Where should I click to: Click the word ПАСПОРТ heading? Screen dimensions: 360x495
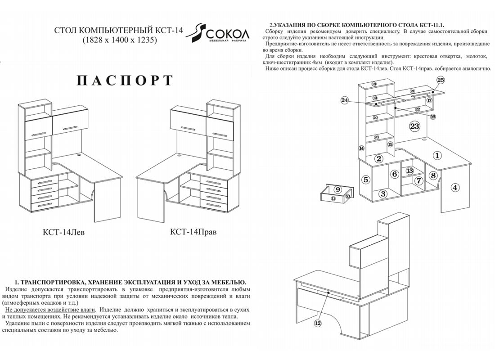pos(125,81)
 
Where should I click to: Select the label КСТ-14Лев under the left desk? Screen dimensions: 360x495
pos(63,233)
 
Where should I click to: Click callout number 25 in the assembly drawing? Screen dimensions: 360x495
pos(441,80)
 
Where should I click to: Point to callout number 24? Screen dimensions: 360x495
pos(345,100)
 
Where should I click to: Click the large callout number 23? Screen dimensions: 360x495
pos(414,126)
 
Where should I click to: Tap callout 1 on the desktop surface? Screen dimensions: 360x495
pos(437,155)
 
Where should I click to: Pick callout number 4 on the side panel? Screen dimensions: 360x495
pos(455,187)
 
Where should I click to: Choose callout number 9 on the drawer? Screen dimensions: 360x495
pos(338,189)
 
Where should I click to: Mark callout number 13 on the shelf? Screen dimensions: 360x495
pos(409,171)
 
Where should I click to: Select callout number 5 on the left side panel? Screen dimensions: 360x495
pos(366,179)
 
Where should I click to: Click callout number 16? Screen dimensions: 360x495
pos(433,117)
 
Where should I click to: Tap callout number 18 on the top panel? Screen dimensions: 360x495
pos(374,84)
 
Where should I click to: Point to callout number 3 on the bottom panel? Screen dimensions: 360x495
pos(383,194)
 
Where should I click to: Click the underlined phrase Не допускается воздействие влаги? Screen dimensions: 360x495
pos(50,310)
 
